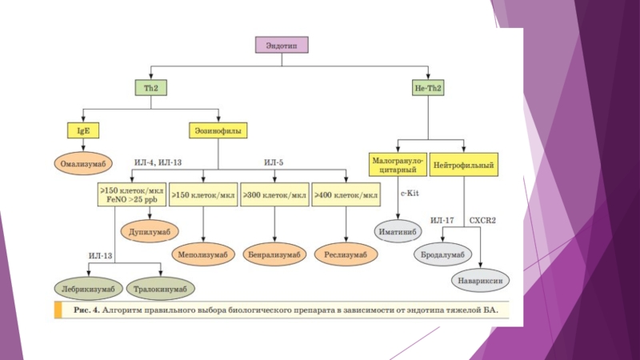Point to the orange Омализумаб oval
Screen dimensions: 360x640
pyautogui.click(x=82, y=163)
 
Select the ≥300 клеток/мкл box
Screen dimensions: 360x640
pyautogui.click(x=274, y=195)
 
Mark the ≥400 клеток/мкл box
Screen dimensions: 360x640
pyautogui.click(x=346, y=195)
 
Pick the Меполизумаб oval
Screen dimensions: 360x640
pyautogui.click(x=202, y=254)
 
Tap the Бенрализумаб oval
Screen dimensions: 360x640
pyautogui.click(x=274, y=254)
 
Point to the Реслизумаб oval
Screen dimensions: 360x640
pyautogui.click(x=346, y=254)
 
